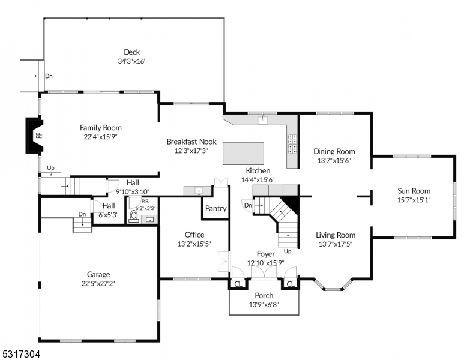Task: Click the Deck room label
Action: (131, 52)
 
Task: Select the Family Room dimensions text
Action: (101, 137)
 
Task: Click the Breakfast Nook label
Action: (191, 142)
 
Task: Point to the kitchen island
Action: (243, 154)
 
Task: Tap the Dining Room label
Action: (334, 152)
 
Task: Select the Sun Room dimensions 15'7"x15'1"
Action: (414, 200)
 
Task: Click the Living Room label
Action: (336, 235)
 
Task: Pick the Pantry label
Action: (215, 209)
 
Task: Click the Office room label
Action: (194, 235)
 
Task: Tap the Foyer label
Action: (265, 254)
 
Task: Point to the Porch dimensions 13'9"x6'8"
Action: (264, 305)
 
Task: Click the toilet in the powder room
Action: (133, 218)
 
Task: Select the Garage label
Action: (98, 274)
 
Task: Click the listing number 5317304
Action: (22, 355)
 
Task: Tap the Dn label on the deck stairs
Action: (49, 76)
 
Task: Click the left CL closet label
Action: (238, 284)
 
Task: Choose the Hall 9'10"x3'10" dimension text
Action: (133, 191)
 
